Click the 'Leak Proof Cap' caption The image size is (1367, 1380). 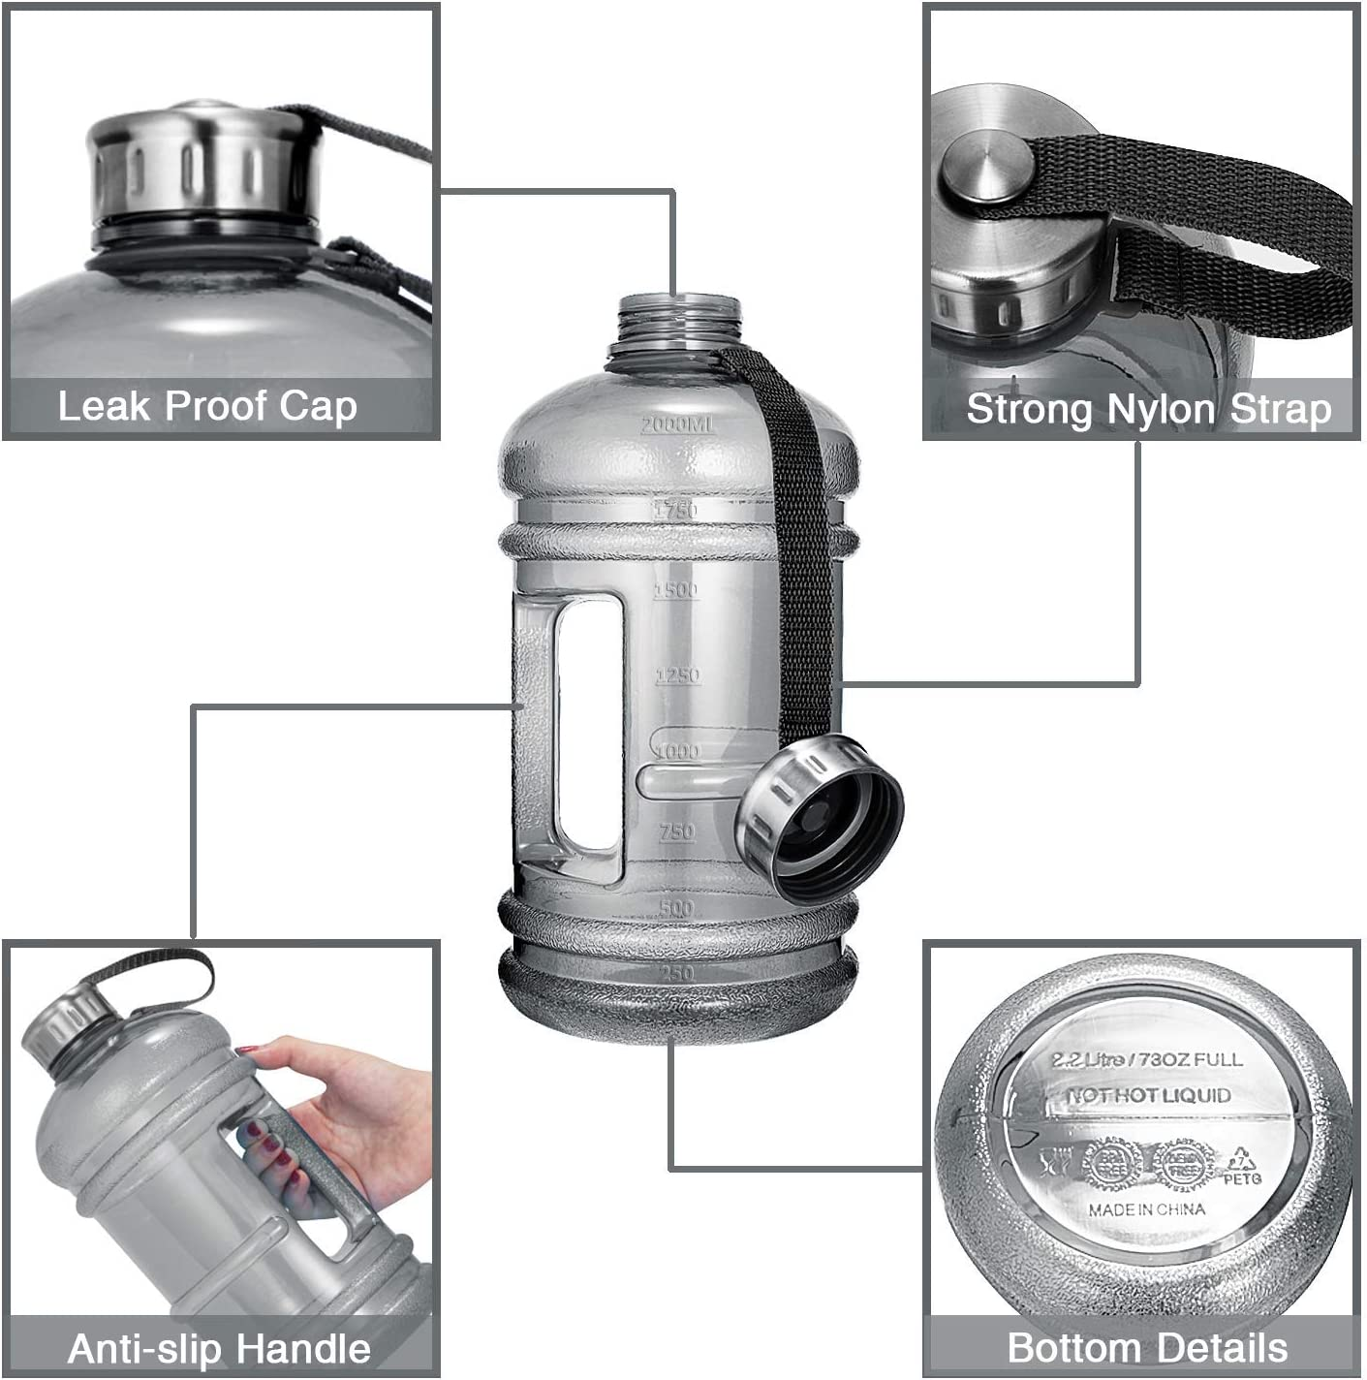point(207,406)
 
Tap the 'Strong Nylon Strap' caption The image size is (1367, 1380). point(1149,409)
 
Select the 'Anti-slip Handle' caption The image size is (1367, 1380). point(219,1348)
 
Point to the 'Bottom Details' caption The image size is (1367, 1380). point(1147,1347)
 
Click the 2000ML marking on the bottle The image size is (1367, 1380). point(677,424)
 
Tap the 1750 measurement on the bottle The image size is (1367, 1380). point(675,510)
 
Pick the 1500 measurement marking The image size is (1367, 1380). point(676,590)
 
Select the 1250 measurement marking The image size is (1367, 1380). point(677,675)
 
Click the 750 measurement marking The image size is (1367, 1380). point(677,831)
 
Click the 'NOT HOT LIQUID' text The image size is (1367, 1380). point(1149,1095)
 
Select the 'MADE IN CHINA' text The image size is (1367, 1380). point(1147,1209)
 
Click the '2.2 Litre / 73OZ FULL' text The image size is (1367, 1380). point(1147,1059)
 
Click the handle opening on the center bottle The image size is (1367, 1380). point(589,722)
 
